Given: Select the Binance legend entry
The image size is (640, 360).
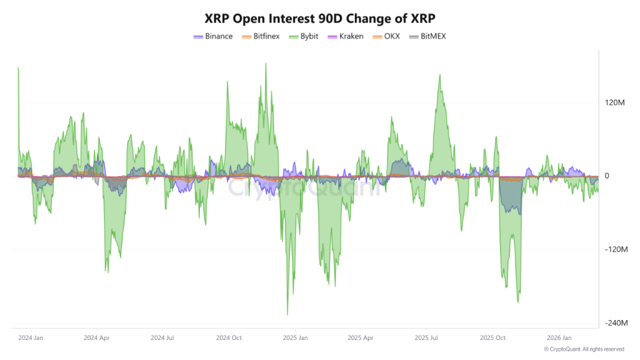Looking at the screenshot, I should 214,36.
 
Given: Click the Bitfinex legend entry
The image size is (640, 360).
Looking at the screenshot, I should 261,36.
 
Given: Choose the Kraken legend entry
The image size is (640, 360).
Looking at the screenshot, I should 346,36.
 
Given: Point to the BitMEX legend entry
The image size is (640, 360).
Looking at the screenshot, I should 427,36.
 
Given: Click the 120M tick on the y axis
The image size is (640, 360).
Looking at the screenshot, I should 614,102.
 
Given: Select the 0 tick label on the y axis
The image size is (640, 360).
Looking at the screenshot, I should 607,176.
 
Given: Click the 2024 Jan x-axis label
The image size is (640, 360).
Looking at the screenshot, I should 31,337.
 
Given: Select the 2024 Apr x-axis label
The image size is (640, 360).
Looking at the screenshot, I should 96,337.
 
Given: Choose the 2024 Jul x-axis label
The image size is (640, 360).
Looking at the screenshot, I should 162,337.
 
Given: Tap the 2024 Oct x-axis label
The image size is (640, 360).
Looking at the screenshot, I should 228,337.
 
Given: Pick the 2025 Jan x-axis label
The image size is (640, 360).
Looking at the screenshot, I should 294,337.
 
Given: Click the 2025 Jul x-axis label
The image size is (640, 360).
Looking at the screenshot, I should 426,337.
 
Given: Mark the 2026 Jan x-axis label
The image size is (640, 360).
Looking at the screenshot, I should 558,337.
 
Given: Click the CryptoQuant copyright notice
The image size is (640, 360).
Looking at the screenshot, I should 584,349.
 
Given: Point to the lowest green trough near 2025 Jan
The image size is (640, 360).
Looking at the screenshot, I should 287,314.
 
